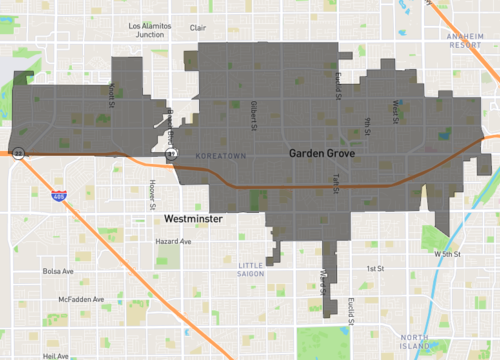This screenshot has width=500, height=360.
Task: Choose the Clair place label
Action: tap(198, 28)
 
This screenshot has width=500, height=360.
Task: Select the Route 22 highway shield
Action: tap(18, 154)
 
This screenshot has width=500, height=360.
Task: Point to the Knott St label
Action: tap(112, 92)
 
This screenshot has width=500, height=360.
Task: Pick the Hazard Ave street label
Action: tap(172, 242)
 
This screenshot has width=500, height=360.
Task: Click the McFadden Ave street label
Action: tap(80, 299)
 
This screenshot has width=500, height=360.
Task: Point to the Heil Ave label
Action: tap(56, 355)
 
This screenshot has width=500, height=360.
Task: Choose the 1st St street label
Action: tap(374, 269)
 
